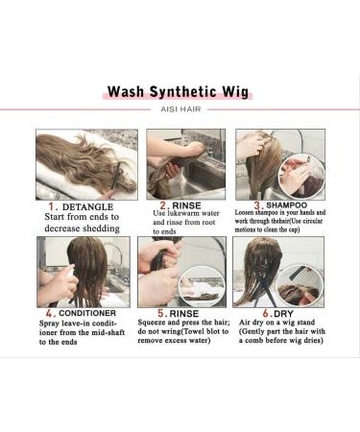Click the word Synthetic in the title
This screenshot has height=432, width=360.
[x=182, y=92]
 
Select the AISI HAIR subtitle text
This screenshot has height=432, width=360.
[x=180, y=110]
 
